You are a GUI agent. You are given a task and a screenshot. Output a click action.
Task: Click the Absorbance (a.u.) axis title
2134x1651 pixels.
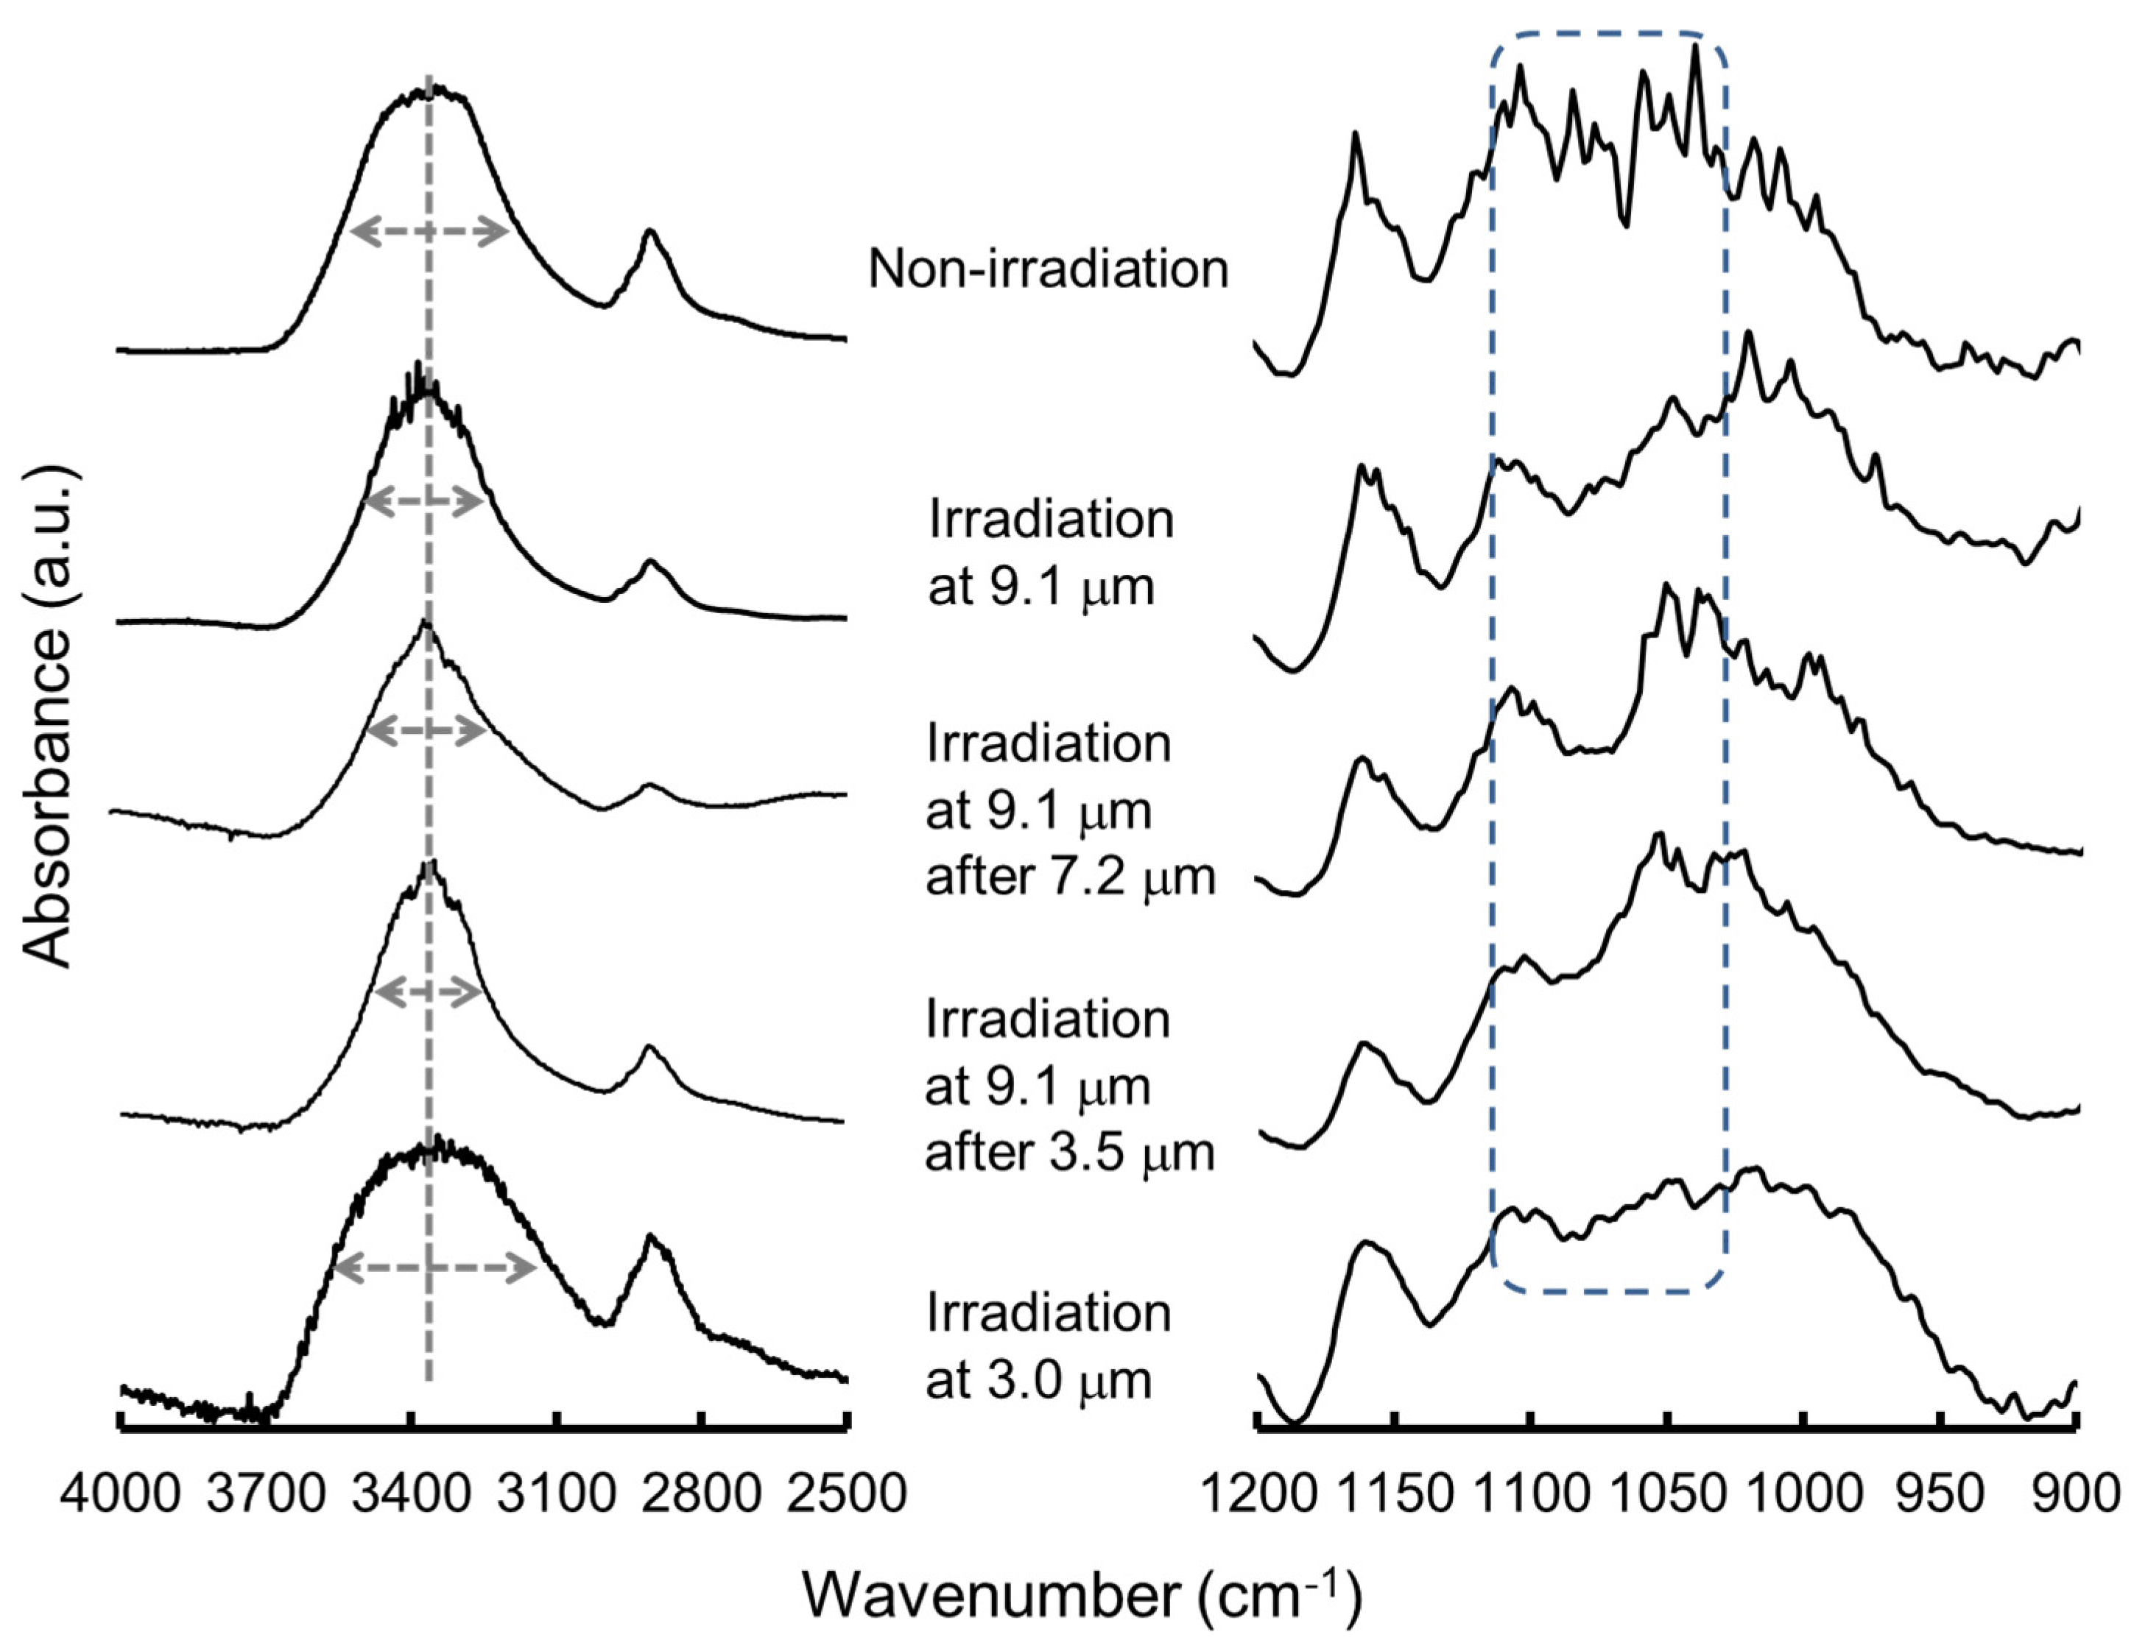click(x=49, y=718)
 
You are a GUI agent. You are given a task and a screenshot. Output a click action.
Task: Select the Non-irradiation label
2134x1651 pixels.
click(x=1047, y=269)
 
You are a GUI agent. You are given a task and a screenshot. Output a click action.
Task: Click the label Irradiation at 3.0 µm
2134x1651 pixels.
click(x=1047, y=1347)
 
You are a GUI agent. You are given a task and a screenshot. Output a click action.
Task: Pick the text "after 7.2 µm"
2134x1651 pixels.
click(x=1070, y=877)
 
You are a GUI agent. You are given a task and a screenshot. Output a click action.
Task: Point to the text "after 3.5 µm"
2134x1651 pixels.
click(x=1070, y=1153)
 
